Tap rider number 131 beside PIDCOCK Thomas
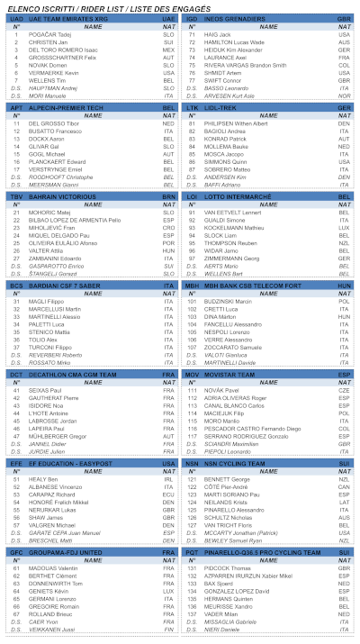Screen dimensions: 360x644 tap(191, 568)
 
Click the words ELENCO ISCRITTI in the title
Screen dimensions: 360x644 tap(28, 6)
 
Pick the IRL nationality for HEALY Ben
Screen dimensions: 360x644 tap(168, 478)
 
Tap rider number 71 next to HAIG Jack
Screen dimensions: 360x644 tap(191, 34)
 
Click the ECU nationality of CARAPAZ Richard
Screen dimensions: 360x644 tap(168, 494)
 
